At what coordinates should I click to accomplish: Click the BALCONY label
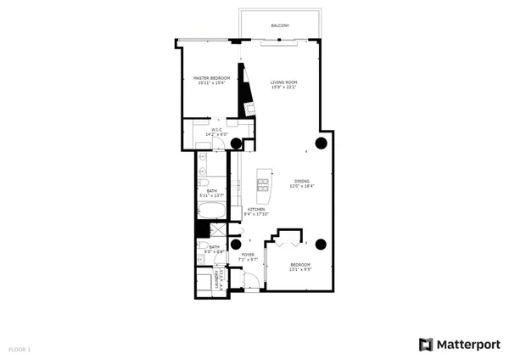click(x=280, y=25)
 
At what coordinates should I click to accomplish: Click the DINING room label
click(x=301, y=181)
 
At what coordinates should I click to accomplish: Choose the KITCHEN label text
click(x=256, y=209)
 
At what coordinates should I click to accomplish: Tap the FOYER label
click(x=248, y=254)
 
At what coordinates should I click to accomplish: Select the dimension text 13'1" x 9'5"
click(x=300, y=271)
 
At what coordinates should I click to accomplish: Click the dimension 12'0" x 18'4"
click(x=301, y=186)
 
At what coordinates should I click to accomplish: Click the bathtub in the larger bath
click(x=213, y=211)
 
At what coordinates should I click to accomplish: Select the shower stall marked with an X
click(x=216, y=229)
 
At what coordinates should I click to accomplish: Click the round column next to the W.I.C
click(x=236, y=143)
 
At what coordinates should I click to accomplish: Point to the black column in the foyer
click(x=236, y=245)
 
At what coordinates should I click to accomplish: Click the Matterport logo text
click(x=467, y=345)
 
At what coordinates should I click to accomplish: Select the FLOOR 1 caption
click(x=20, y=349)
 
